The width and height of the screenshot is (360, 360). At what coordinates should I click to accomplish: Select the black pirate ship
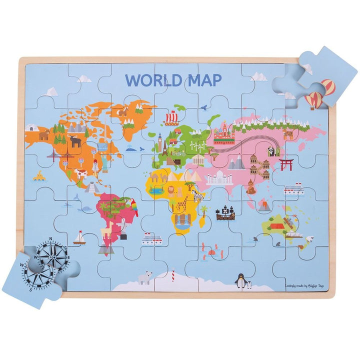[225, 213]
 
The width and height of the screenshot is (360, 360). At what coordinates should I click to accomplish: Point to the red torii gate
[286, 164]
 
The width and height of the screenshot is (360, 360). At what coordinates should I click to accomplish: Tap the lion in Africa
[171, 192]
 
